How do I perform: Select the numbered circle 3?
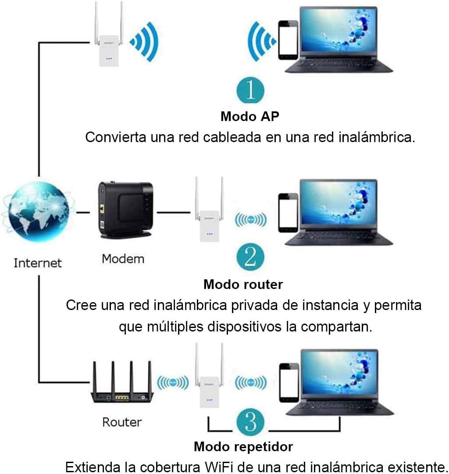coord(250,424)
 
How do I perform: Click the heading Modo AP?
coord(250,117)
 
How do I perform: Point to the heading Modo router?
coord(243,284)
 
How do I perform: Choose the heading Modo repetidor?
coord(243,447)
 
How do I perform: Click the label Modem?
coord(123,259)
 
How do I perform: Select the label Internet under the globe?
coord(38,263)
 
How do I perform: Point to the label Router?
coord(122,422)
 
